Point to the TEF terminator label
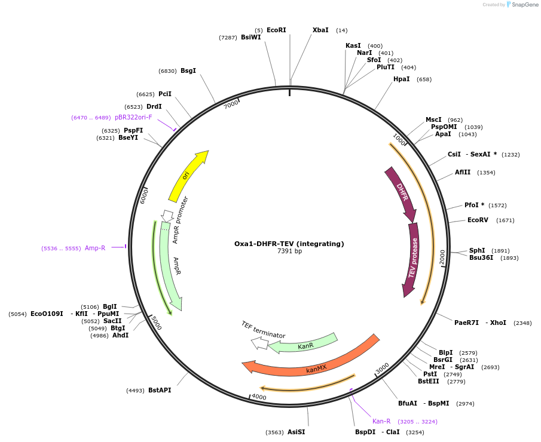tap(263, 330)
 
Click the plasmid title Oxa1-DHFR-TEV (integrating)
tap(289, 244)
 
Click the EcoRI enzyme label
tap(276, 30)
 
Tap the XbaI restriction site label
tap(320, 30)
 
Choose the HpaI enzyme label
tap(401, 79)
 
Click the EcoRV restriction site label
tap(478, 220)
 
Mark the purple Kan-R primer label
tap(381, 421)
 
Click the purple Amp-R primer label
tap(95, 248)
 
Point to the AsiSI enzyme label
tap(296, 432)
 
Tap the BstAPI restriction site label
tap(160, 390)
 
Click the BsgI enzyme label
tap(188, 70)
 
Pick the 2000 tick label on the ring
tap(442, 256)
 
